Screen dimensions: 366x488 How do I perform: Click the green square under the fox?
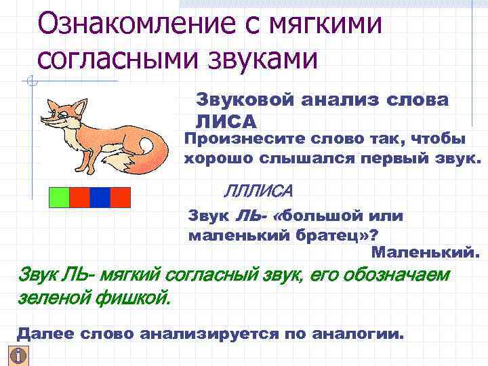coord(60,197)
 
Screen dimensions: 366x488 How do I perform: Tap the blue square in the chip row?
coord(100,197)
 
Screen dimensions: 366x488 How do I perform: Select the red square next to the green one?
coord(79,197)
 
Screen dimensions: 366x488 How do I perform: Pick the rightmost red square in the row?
coord(120,197)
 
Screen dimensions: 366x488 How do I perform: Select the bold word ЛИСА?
coord(226,121)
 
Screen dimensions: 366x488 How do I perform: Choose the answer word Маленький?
coord(426,253)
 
